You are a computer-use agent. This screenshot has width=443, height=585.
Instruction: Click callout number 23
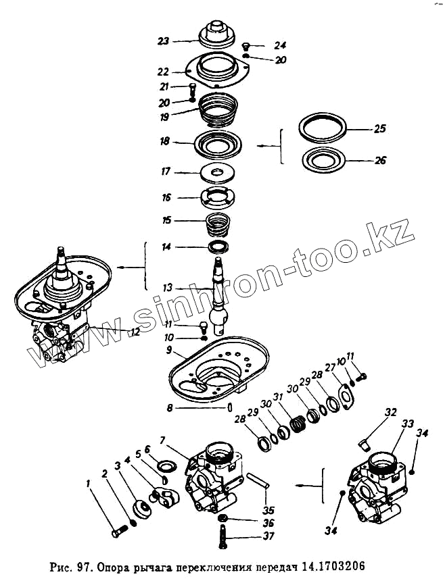tap(162, 41)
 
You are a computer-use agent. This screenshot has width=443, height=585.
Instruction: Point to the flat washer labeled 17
tap(216, 174)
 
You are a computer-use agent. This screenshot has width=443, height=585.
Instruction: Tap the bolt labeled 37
tap(223, 538)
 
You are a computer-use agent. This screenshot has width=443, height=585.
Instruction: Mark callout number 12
tap(135, 332)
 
